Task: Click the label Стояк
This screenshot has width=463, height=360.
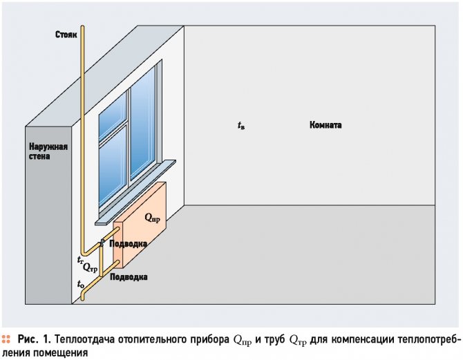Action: point(67,34)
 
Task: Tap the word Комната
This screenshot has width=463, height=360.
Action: point(325,126)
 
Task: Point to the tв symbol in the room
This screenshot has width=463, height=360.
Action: point(240,126)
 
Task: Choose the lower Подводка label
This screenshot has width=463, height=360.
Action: point(129,276)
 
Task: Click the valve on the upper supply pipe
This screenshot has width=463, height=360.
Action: point(102,242)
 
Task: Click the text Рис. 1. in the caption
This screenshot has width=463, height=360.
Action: point(34,339)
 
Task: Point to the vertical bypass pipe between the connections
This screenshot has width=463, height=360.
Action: point(101,260)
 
